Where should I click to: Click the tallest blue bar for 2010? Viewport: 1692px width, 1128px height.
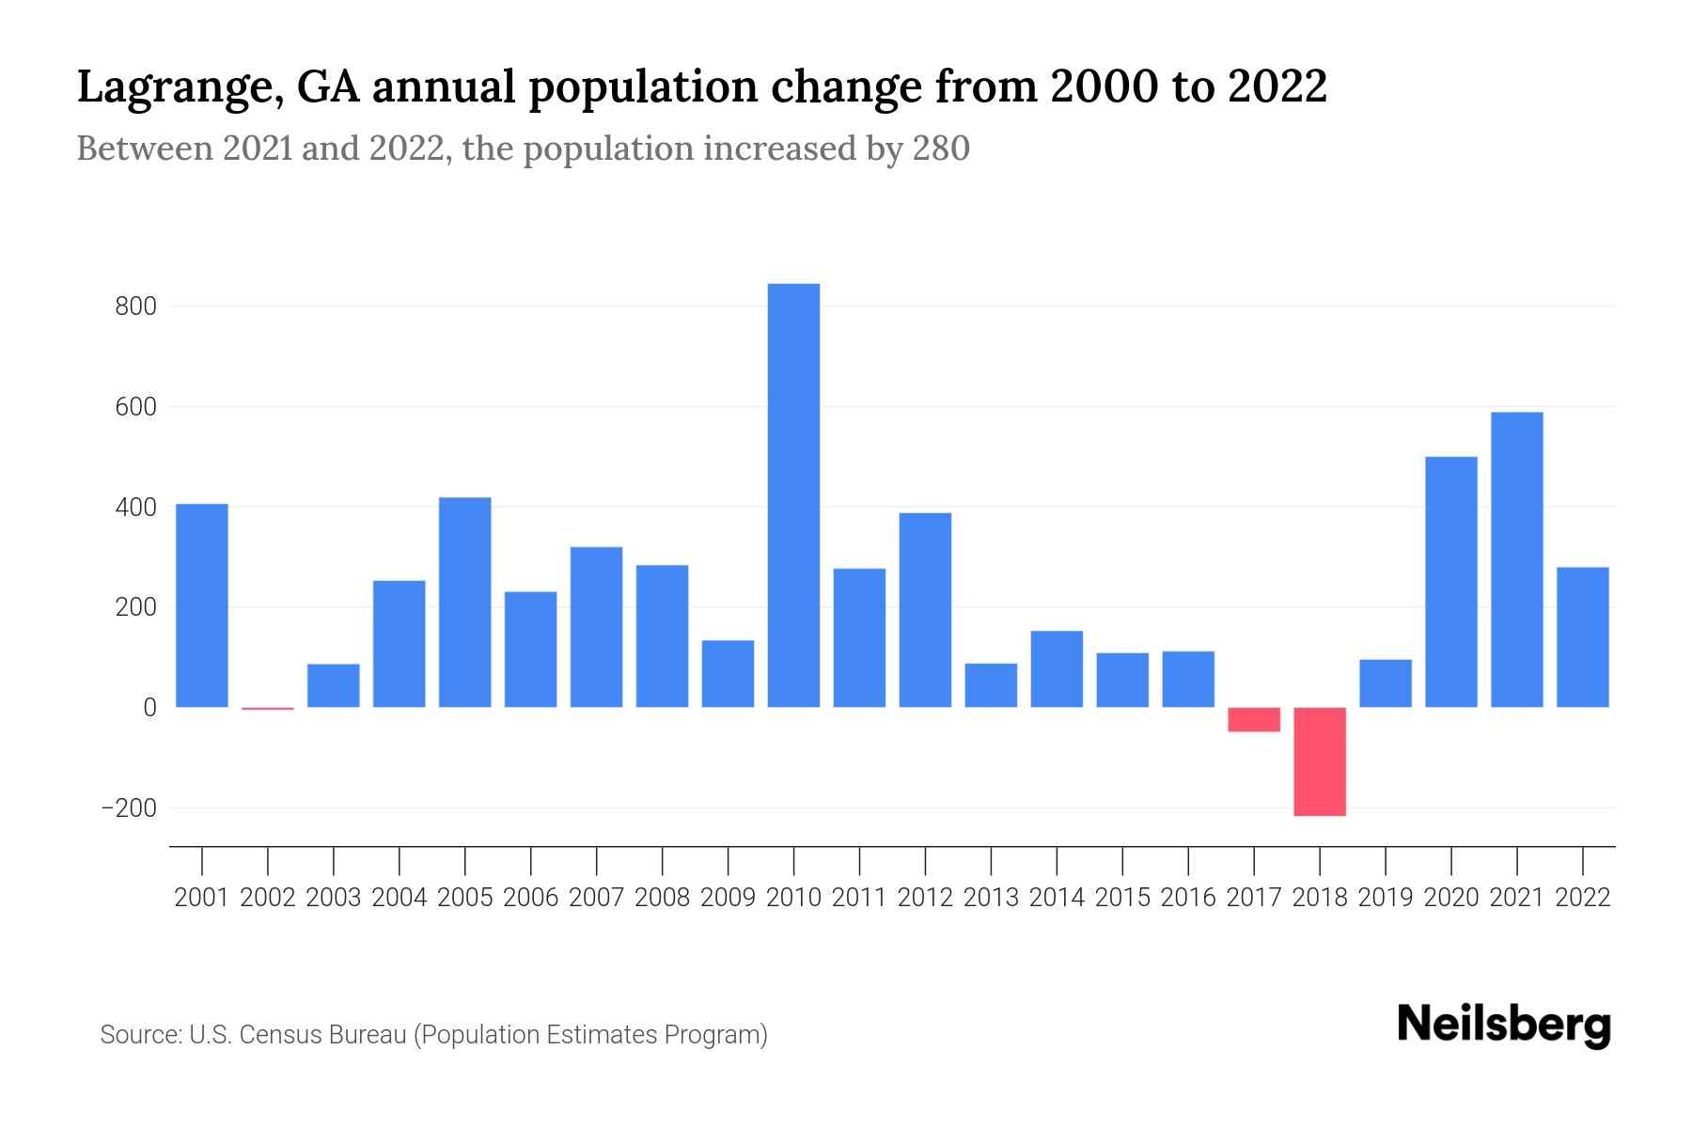click(x=793, y=495)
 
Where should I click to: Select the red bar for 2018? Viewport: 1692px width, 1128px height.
click(x=1320, y=761)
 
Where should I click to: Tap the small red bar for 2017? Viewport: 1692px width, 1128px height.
click(x=1254, y=719)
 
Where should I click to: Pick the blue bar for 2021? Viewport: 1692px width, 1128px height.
click(x=1516, y=559)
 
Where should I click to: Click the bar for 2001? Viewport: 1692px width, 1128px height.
click(x=202, y=605)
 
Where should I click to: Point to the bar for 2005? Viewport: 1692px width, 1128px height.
click(x=465, y=602)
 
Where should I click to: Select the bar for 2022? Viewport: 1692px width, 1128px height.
click(x=1582, y=637)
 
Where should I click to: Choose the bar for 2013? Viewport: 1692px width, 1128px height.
click(x=991, y=685)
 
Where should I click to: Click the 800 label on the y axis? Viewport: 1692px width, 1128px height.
click(x=135, y=306)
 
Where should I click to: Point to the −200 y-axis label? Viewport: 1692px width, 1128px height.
click(x=129, y=808)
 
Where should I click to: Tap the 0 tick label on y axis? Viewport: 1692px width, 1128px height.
click(x=149, y=708)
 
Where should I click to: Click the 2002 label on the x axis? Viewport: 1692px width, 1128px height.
click(x=268, y=898)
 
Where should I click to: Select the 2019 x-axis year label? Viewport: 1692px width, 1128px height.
click(x=1386, y=898)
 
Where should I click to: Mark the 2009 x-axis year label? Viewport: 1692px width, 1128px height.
click(x=728, y=898)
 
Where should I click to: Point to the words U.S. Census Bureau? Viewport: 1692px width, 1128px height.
click(x=298, y=1035)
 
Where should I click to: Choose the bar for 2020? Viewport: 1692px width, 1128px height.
click(x=1451, y=582)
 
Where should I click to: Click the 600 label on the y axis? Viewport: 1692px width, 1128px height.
click(x=135, y=407)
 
